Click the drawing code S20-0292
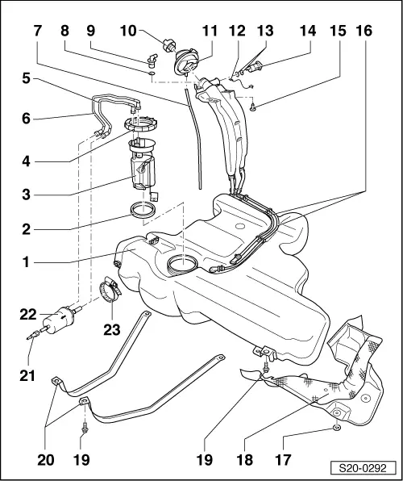[x=364, y=467]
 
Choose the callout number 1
[x=28, y=262]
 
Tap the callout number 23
[x=110, y=328]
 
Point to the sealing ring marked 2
[x=143, y=212]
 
